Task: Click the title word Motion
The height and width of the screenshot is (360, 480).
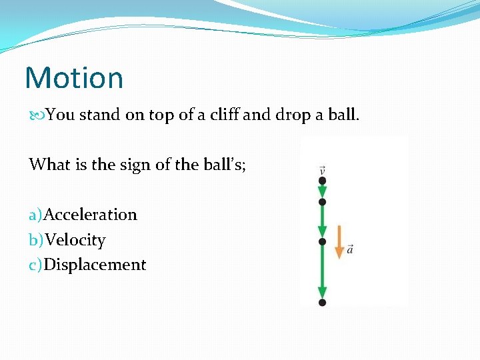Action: [74, 78]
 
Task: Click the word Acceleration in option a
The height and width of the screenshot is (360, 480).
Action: [90, 215]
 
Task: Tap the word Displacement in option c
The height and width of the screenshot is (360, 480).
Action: [95, 265]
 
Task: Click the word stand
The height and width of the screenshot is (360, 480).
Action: [100, 115]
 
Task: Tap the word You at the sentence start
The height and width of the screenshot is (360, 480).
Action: [61, 115]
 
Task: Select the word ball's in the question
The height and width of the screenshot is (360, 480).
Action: [222, 164]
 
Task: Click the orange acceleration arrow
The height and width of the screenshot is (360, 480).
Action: [339, 241]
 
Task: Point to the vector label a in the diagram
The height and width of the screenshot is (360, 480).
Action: [350, 249]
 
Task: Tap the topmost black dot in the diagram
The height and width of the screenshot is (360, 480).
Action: [323, 181]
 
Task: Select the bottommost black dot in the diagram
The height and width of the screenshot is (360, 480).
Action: [323, 302]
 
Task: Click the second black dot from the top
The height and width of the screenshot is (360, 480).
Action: [323, 201]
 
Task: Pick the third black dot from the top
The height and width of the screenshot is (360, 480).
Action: [323, 241]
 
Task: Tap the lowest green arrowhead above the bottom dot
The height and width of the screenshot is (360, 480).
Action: [323, 292]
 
